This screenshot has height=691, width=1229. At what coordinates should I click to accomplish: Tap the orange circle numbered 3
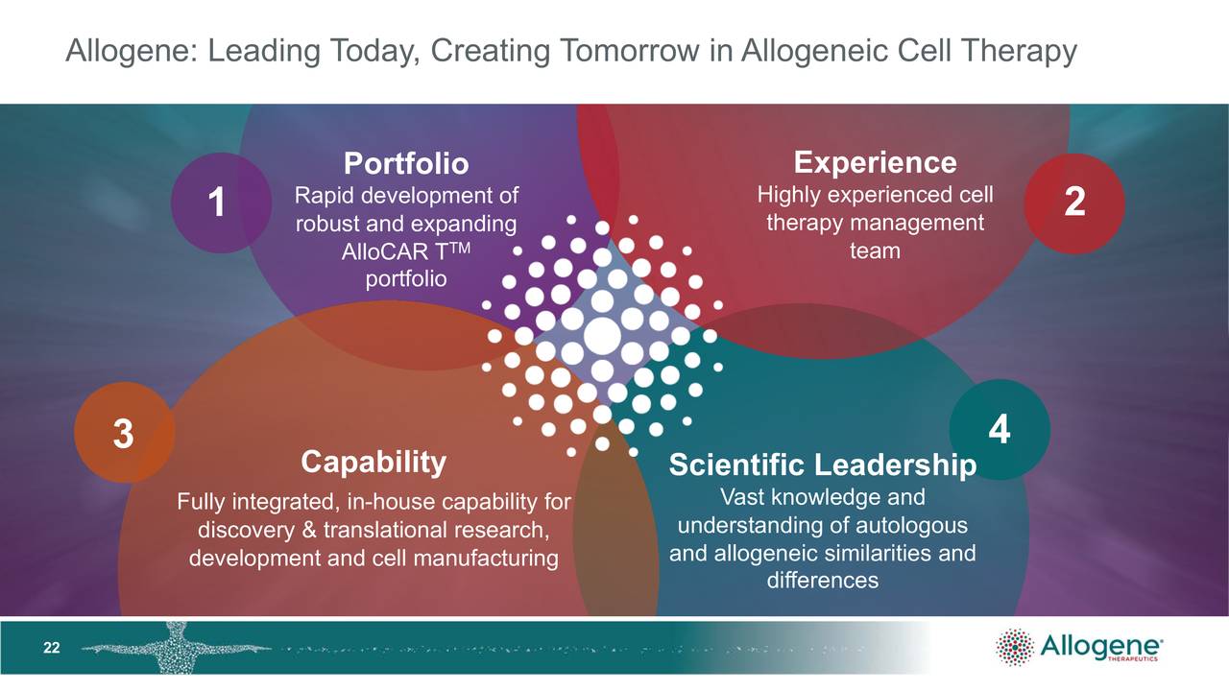click(x=124, y=433)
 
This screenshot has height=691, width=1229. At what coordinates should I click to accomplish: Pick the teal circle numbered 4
click(x=999, y=429)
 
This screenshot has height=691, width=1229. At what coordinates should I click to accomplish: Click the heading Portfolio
click(x=406, y=163)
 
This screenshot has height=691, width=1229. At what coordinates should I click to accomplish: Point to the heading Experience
click(x=875, y=161)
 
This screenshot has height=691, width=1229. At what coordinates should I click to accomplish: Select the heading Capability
click(x=374, y=462)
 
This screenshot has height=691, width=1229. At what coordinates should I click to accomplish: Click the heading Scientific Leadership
click(x=822, y=465)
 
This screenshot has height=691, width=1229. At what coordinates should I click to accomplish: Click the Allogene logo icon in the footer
click(x=1015, y=648)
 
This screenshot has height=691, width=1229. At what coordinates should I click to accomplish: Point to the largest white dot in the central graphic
click(x=602, y=335)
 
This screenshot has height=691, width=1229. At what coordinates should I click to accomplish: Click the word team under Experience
click(x=875, y=250)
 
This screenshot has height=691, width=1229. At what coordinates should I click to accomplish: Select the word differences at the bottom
click(x=822, y=580)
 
